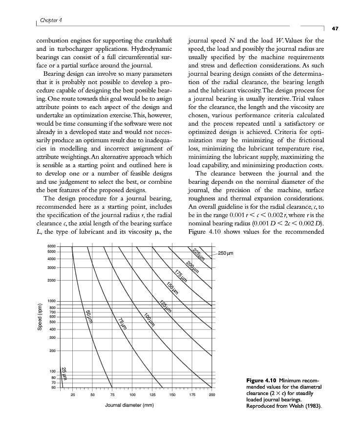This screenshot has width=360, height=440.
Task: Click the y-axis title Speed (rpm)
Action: [x=41, y=316]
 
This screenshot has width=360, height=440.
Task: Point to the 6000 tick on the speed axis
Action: [x=51, y=245]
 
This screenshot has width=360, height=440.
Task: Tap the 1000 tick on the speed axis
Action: [x=51, y=300]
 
